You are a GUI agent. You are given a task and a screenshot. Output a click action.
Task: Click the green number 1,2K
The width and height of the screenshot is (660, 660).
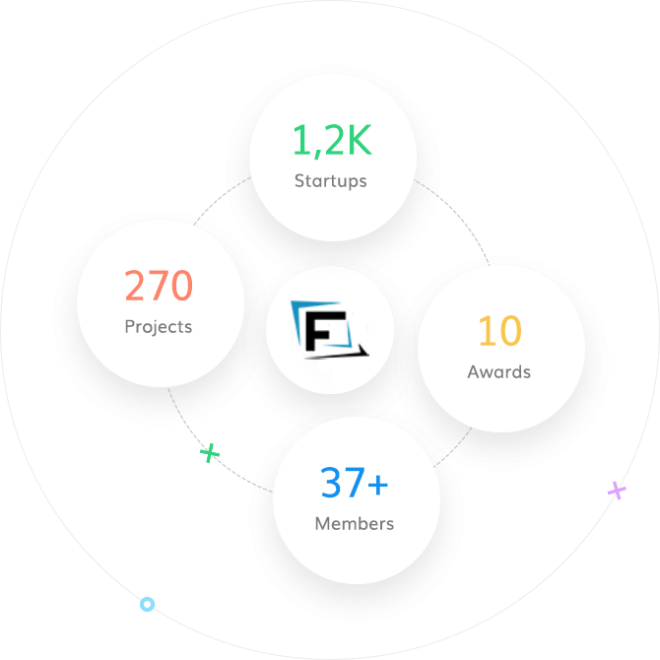pyautogui.click(x=332, y=143)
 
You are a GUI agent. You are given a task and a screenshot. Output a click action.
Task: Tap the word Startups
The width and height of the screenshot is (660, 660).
pyautogui.click(x=331, y=181)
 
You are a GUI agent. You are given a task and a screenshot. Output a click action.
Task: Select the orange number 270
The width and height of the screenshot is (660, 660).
pyautogui.click(x=159, y=287)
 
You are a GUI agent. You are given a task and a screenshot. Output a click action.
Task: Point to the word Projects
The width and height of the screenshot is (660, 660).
pyautogui.click(x=159, y=326)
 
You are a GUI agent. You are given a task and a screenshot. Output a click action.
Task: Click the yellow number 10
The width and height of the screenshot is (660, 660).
pyautogui.click(x=499, y=332)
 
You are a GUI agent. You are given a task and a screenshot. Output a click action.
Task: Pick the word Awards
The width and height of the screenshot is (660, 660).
pyautogui.click(x=499, y=372)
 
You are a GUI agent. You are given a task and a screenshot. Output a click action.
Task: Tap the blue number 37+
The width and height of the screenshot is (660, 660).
pyautogui.click(x=355, y=484)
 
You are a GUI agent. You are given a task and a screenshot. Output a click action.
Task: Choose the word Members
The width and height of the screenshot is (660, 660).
pyautogui.click(x=355, y=524)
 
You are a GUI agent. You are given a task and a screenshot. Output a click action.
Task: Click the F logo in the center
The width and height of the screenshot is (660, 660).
pyautogui.click(x=330, y=330)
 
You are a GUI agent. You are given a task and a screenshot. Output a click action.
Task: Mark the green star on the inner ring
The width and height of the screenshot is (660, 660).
pyautogui.click(x=210, y=453)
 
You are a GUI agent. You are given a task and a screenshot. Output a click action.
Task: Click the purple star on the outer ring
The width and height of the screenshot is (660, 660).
pyautogui.click(x=617, y=490)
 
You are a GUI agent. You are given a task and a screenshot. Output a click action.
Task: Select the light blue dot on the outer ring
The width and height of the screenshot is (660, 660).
pyautogui.click(x=148, y=604)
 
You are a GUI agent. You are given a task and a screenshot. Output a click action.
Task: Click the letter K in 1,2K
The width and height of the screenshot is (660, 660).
pyautogui.click(x=359, y=143)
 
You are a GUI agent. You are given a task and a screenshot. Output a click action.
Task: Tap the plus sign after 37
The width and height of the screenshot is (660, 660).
pyautogui.click(x=378, y=485)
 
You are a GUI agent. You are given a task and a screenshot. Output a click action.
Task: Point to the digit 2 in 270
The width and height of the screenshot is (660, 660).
pyautogui.click(x=137, y=287)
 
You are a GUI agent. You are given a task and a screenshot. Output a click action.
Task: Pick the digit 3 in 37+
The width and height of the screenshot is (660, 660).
pyautogui.click(x=331, y=484)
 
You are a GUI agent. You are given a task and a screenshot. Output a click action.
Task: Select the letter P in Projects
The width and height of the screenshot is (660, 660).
pyautogui.click(x=130, y=326)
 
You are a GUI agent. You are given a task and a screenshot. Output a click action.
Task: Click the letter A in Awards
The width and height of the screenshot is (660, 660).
pyautogui.click(x=473, y=372)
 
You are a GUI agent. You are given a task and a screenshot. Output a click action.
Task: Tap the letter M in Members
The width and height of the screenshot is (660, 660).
pyautogui.click(x=321, y=524)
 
